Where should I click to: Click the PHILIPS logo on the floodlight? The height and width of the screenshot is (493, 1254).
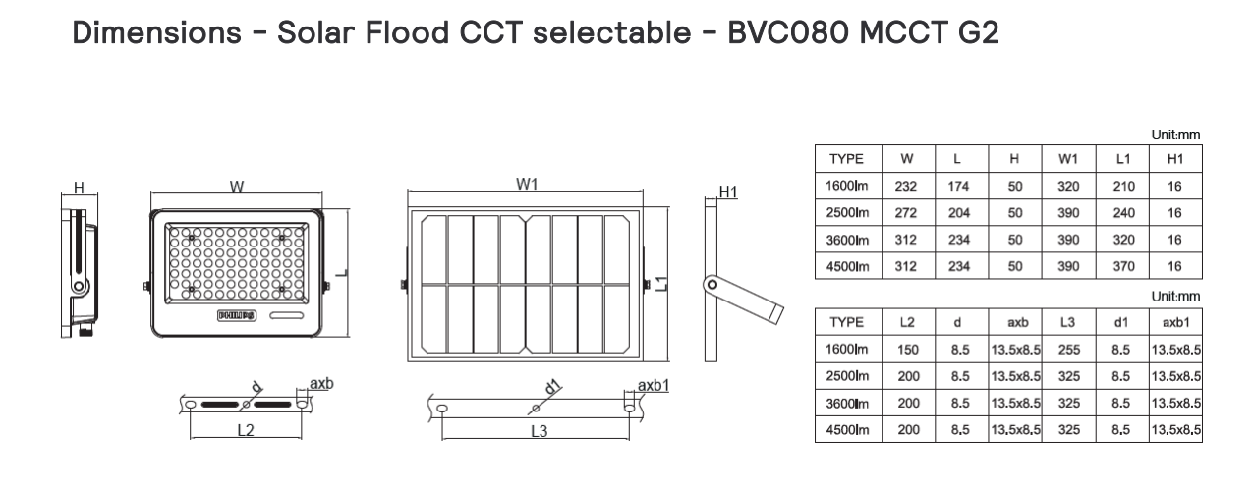click(236, 316)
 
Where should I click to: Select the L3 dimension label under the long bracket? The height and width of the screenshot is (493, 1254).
click(538, 432)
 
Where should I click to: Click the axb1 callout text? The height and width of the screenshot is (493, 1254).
click(655, 385)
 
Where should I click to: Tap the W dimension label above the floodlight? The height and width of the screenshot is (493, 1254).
click(236, 187)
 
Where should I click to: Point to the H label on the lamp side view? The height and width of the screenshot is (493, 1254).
click(80, 187)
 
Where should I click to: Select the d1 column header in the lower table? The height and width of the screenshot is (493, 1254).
click(1122, 321)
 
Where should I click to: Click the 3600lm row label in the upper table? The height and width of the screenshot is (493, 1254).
click(848, 240)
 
